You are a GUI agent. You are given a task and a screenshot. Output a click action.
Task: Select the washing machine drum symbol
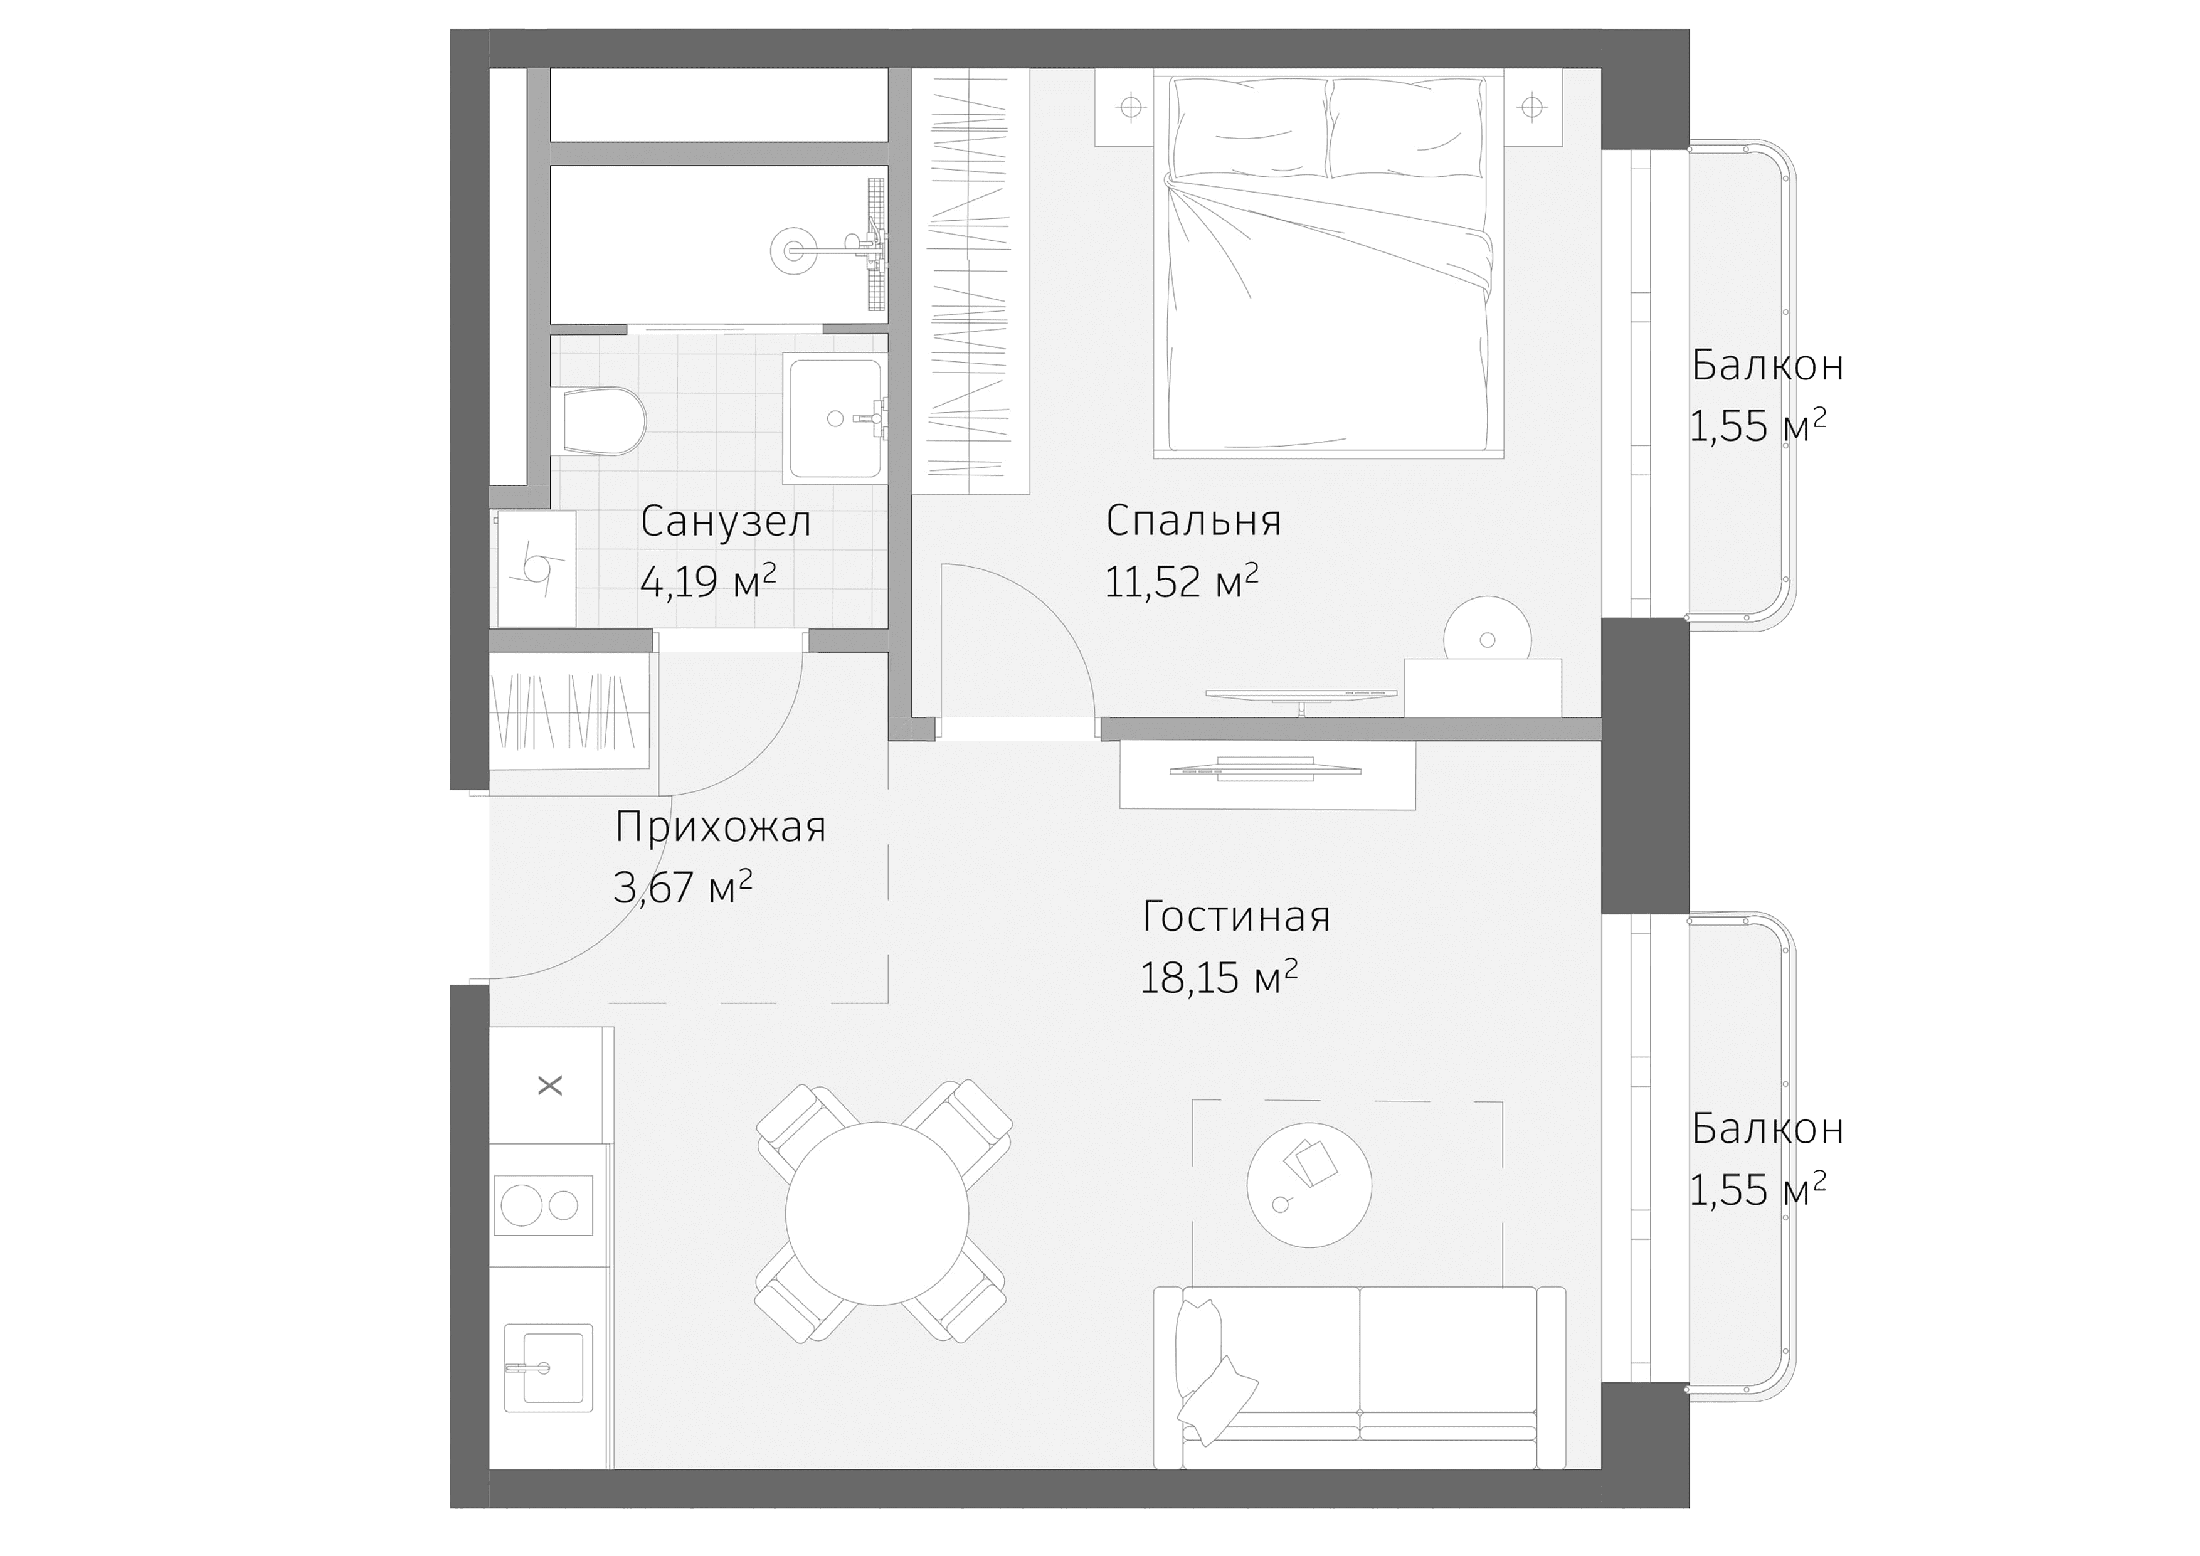536,568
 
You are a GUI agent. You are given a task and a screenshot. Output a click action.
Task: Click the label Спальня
1193,521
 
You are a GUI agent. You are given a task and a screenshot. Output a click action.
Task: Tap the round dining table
877,1213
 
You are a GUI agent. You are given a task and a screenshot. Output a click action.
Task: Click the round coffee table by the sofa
1309,1185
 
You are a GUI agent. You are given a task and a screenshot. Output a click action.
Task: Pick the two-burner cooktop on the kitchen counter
542,1205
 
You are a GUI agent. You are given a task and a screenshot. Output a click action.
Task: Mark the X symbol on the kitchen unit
550,1086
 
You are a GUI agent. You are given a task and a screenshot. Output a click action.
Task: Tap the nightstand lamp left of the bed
1131,107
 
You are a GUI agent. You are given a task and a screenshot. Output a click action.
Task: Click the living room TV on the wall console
1267,770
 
